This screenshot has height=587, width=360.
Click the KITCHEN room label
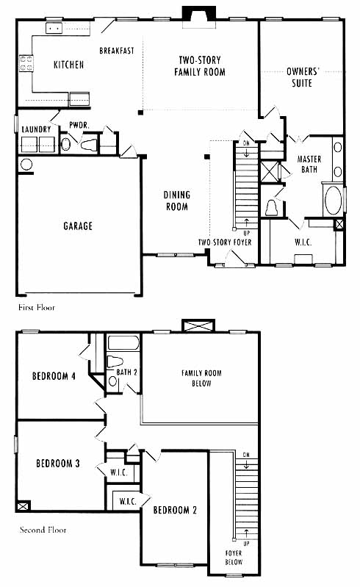click(68, 65)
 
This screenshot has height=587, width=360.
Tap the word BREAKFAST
click(117, 51)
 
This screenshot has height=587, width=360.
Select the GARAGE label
click(78, 226)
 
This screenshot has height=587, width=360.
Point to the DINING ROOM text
click(176, 201)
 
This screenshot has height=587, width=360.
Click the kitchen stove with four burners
click(26, 63)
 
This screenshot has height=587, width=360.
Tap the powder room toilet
click(89, 145)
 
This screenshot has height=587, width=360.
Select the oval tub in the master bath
click(333, 201)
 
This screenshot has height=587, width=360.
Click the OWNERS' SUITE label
click(303, 77)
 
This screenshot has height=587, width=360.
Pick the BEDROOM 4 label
click(54, 376)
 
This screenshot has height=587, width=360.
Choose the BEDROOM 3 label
click(57, 464)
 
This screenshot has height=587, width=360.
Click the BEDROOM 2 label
click(175, 510)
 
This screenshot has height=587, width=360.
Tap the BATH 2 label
click(126, 372)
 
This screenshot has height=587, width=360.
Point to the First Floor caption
click(37, 308)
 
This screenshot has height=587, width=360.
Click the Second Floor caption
click(43, 530)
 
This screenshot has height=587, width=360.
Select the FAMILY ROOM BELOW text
click(201, 378)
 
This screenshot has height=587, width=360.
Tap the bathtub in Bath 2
click(123, 343)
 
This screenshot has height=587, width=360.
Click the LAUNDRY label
click(36, 129)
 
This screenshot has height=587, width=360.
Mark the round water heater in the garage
click(26, 165)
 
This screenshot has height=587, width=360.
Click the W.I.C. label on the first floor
click(303, 242)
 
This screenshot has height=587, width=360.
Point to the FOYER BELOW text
click(234, 558)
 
